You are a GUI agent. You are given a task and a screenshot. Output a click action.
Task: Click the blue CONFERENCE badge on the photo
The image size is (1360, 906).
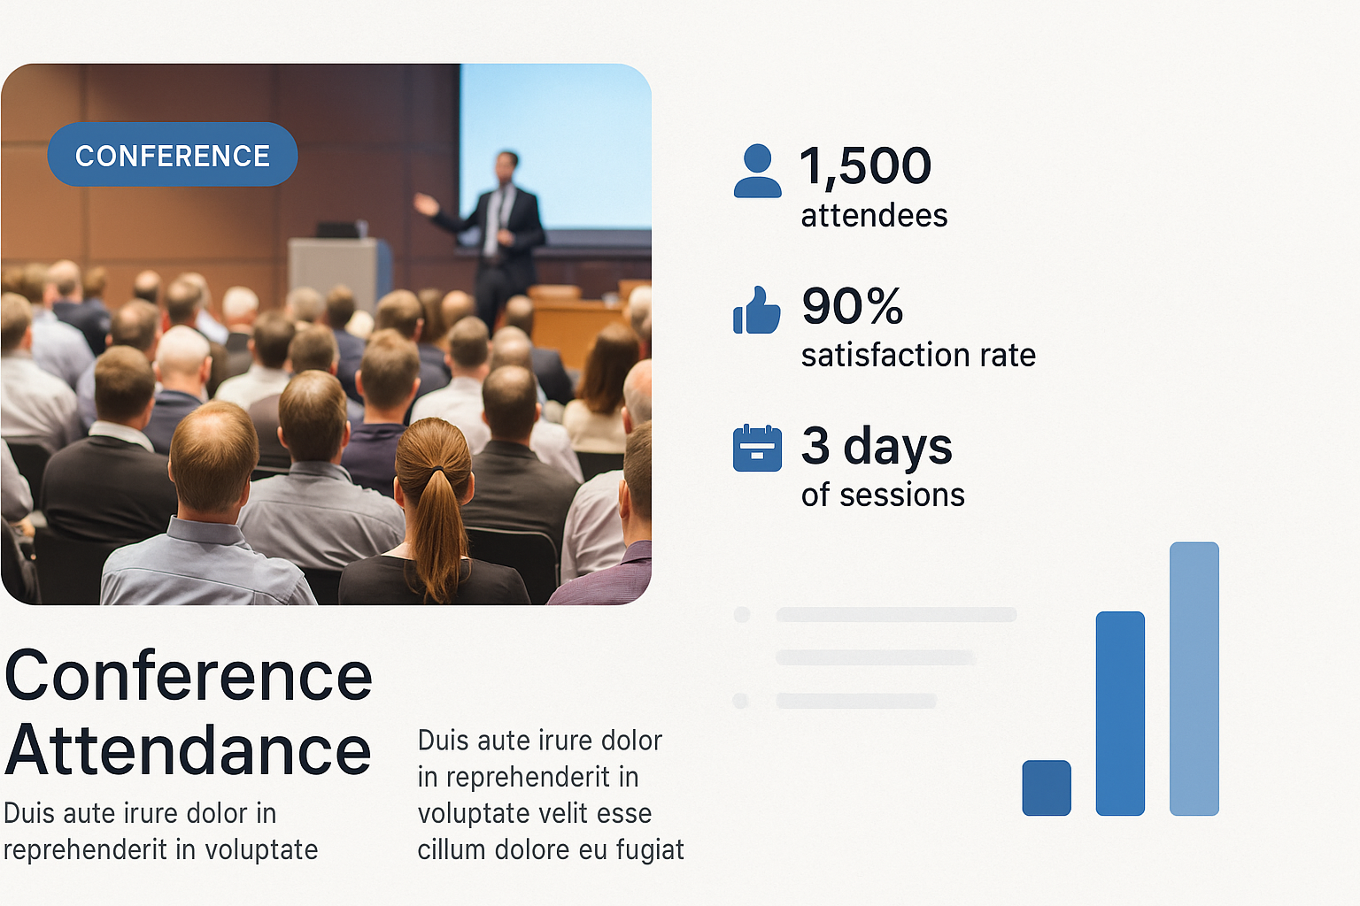pos(173,154)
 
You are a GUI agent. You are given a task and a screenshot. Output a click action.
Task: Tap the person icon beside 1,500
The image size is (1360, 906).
pos(757,171)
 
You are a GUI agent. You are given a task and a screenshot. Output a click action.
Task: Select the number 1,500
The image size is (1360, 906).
pos(865,165)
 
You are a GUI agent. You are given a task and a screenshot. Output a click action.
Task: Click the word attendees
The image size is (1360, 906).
pos(874,215)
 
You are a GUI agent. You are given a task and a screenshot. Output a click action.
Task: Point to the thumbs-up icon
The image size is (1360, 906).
pos(756,310)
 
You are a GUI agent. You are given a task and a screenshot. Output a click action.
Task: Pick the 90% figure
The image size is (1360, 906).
pos(853,305)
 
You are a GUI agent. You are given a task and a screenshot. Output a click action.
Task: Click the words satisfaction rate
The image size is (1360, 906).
pos(918,355)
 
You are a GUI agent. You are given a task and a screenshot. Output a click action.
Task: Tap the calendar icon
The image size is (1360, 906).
pos(757,449)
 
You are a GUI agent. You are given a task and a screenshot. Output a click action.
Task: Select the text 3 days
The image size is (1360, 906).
pos(877,446)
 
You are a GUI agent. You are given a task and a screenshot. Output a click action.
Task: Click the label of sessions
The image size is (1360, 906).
pos(883,495)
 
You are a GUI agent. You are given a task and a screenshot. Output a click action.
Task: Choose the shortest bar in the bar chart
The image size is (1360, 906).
pos(1047,787)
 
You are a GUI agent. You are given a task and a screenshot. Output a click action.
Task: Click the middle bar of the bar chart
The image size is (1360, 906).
pos(1120,713)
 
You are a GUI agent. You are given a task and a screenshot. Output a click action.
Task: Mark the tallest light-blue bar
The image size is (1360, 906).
pos(1194,679)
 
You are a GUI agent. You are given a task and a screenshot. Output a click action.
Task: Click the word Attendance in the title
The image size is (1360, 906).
pos(188,750)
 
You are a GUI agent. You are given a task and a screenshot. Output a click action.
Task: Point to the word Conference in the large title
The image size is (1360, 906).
pos(189,675)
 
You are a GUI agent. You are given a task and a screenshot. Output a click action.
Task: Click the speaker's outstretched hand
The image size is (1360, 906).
pos(425,203)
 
